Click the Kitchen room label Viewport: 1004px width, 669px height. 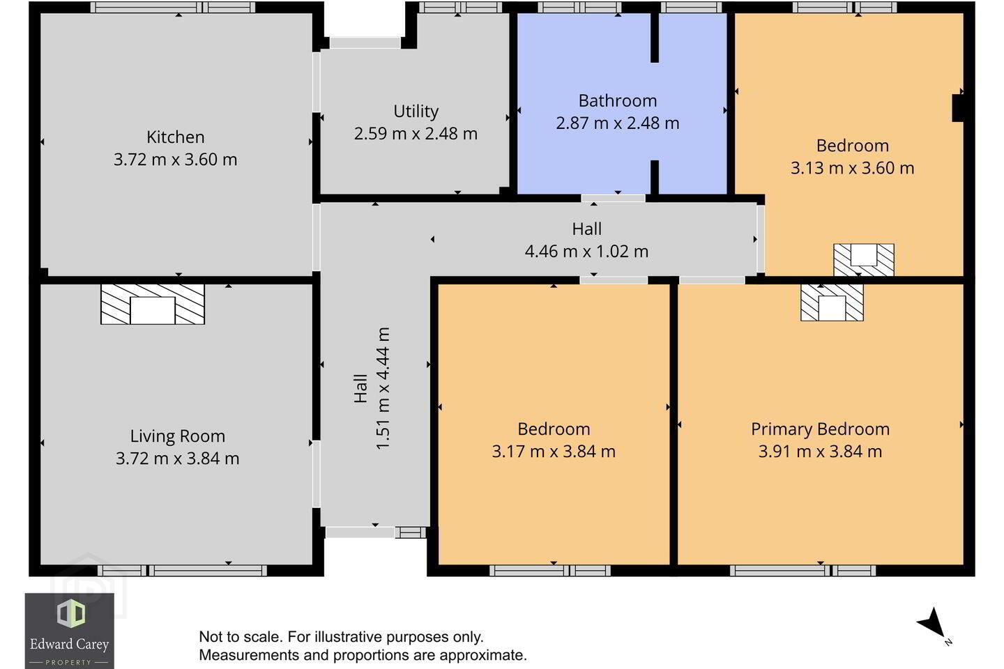[175, 137]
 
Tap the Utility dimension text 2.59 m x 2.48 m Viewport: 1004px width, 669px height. [416, 134]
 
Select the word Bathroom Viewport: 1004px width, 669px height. [618, 101]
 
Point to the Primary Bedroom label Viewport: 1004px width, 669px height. [820, 429]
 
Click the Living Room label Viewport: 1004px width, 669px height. [178, 436]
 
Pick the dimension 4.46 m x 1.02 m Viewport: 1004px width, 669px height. [587, 252]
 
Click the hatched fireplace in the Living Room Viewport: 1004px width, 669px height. [153, 305]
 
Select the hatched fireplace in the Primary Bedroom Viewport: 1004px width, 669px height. [832, 303]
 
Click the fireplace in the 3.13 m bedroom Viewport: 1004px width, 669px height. [864, 260]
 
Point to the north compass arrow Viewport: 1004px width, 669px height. [933, 623]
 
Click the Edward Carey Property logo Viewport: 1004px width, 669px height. [70, 631]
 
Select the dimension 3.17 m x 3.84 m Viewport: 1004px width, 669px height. [554, 452]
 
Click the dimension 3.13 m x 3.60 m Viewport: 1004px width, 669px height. [852, 168]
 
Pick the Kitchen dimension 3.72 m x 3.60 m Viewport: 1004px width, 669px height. [175, 160]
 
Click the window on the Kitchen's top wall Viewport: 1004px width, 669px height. [173, 8]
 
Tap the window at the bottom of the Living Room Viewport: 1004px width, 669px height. [183, 571]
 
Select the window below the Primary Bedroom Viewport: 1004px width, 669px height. [803, 571]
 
